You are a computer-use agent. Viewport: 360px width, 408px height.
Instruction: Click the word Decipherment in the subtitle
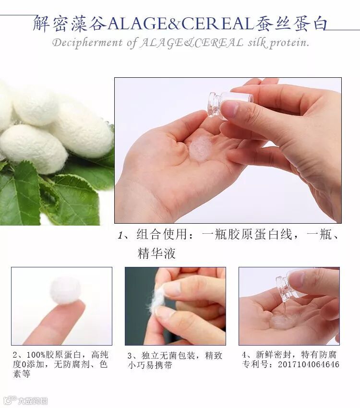[87, 43]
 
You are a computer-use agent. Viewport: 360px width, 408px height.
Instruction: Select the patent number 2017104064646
[309, 364]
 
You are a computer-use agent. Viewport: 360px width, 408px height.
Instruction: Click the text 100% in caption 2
[36, 355]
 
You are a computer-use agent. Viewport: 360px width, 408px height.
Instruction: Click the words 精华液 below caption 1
[156, 253]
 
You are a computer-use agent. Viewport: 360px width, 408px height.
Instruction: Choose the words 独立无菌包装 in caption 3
[168, 356]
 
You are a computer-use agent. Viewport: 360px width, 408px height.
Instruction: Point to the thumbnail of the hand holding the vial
[289, 306]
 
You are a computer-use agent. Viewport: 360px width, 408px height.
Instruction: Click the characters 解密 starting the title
[51, 24]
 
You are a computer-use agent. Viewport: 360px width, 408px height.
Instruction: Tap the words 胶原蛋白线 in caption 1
[260, 234]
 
